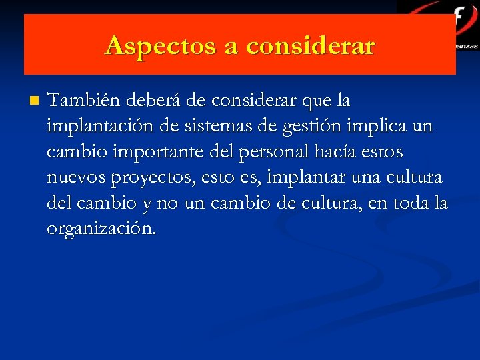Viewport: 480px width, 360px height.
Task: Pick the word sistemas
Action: [x=229, y=126]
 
